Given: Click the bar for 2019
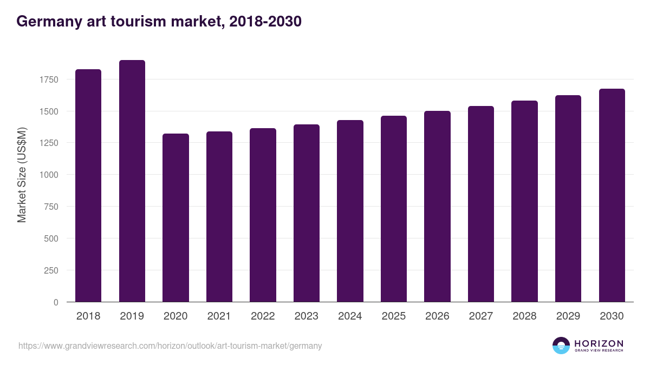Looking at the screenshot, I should [x=132, y=181].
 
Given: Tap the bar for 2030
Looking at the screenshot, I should [x=612, y=195].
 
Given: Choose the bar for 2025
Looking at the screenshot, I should [x=394, y=209].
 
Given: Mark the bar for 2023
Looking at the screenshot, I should [x=307, y=213].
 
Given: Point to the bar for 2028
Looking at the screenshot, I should [x=524, y=201].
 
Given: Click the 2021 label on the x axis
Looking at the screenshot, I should [x=219, y=316].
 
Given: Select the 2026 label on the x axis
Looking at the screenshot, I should [x=437, y=316].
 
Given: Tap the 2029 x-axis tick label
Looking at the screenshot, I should [x=568, y=316].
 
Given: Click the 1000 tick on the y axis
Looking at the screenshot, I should [x=49, y=175].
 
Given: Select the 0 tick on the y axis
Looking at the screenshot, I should [x=56, y=302].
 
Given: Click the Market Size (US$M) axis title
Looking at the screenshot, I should [x=22, y=175].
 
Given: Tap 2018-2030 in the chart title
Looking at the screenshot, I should [x=265, y=22].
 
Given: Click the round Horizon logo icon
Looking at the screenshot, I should [x=561, y=346].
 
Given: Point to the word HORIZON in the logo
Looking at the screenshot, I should [x=599, y=343].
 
